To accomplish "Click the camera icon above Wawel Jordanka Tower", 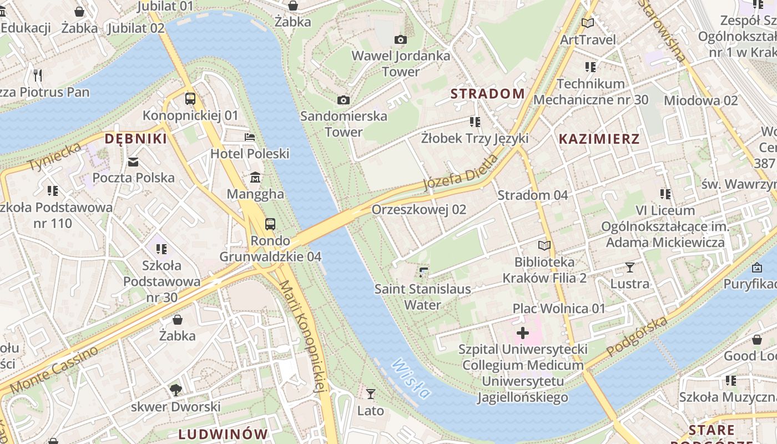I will click(400, 39).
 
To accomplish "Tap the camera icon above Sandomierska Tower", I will click(344, 100).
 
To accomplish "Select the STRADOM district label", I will click(487, 94).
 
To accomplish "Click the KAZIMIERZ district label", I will click(599, 139).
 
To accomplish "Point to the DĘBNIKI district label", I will click(136, 139).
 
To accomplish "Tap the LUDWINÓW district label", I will click(223, 433).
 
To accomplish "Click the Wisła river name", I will click(411, 379).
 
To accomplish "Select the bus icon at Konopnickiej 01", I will click(190, 99).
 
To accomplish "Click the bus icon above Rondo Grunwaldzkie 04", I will click(270, 224).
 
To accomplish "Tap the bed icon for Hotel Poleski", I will click(250, 137).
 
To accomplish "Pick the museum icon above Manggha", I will click(255, 178).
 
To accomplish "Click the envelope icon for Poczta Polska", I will click(133, 162).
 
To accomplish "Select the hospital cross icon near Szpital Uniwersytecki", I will click(523, 333).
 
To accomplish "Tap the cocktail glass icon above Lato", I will click(371, 394).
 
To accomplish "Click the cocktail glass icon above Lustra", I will click(629, 268).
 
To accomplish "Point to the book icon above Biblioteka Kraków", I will click(544, 245).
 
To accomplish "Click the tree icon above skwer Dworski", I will click(176, 390).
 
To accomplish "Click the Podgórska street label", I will click(637, 337).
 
